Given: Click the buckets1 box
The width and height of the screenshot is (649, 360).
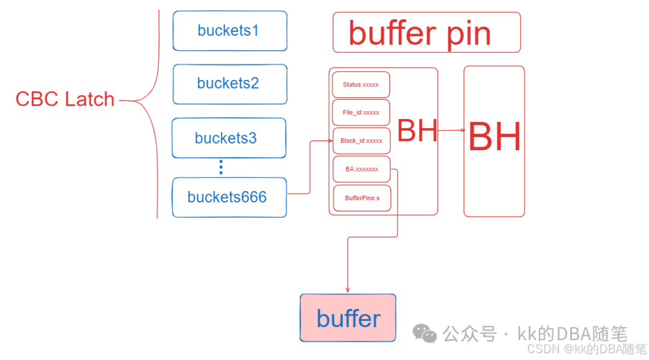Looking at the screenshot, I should click(230, 31).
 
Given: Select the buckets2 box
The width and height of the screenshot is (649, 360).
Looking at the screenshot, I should click(230, 84).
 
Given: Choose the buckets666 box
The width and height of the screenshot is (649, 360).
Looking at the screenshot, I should click(228, 197).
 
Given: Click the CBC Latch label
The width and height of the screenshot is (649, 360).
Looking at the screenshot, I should click(65, 99).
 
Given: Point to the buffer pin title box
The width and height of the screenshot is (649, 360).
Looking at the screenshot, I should click(426, 33).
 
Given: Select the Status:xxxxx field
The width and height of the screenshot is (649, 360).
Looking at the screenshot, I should click(361, 85).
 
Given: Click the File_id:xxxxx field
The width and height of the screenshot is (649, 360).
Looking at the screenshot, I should click(361, 112).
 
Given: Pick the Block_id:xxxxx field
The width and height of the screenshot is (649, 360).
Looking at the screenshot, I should click(361, 141).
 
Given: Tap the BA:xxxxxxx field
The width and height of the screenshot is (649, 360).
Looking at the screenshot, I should click(361, 169).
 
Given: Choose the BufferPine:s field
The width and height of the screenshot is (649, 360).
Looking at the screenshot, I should click(362, 198).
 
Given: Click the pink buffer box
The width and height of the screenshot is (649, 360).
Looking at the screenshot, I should click(348, 318).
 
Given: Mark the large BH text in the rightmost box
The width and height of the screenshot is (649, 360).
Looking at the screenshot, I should click(494, 138).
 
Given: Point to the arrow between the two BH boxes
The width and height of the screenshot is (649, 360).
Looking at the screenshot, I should click(451, 130).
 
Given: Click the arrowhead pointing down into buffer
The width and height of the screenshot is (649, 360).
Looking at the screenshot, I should click(348, 290).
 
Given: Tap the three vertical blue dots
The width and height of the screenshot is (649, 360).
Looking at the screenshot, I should click(221, 167).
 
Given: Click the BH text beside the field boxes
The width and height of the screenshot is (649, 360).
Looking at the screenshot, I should click(417, 130).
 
